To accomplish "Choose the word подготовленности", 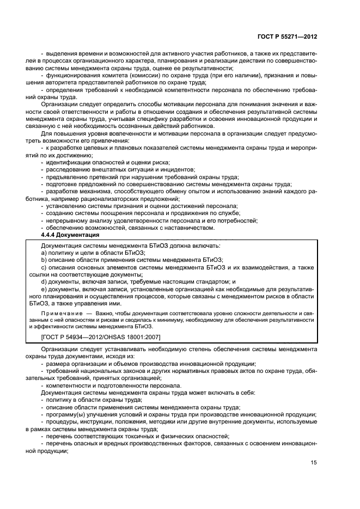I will tap(119, 385).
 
